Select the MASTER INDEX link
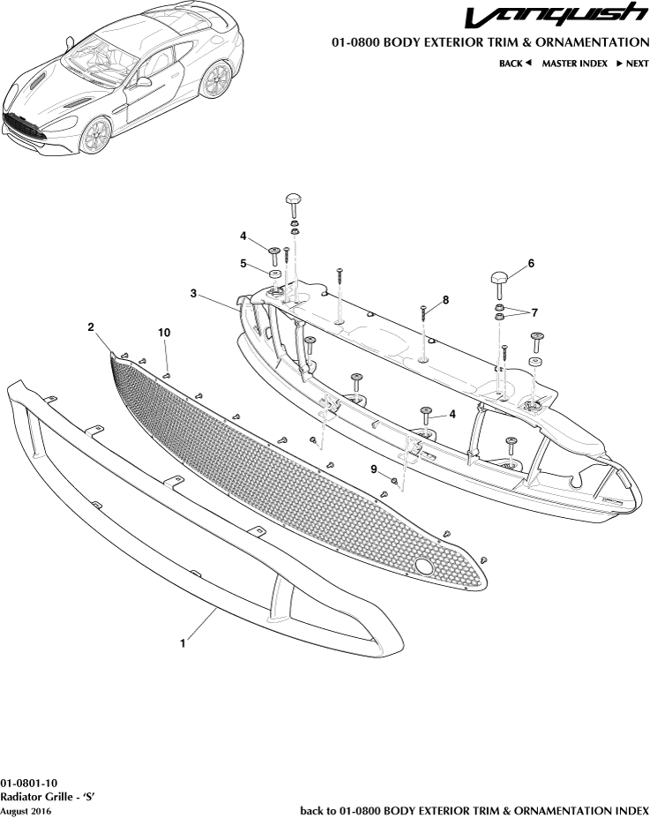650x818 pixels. pos(574,64)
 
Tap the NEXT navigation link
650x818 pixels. pos(631,64)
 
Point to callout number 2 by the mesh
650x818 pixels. pos(91,326)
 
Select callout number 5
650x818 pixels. pos(243,262)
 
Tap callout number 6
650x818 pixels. pos(531,263)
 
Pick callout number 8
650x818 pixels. pos(445,300)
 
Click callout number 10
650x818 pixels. pos(163,332)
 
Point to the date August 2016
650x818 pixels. pos(26,809)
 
